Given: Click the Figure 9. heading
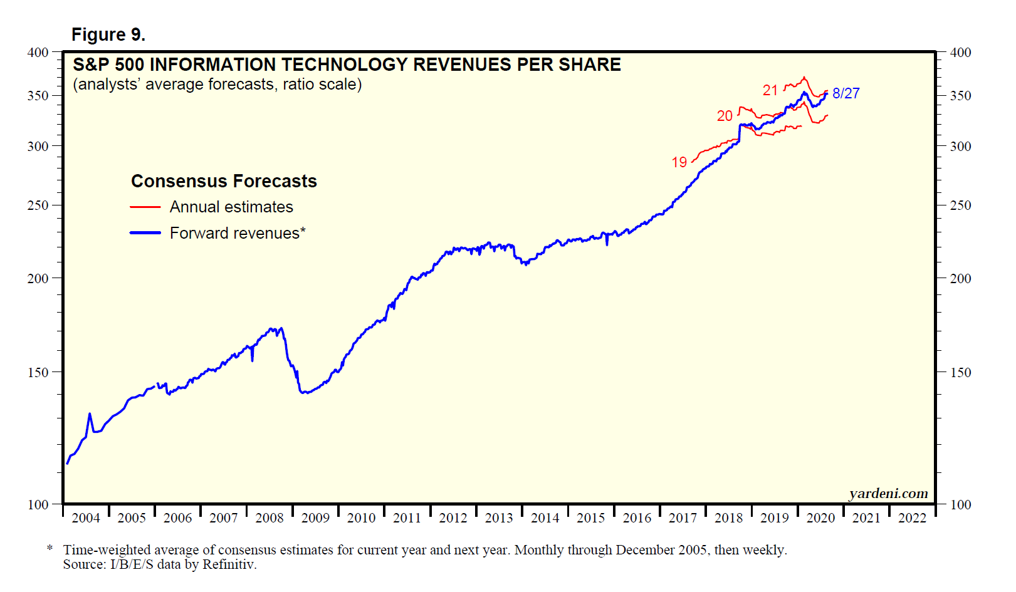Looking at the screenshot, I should coord(108,34).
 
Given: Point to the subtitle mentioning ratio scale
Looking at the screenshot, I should coord(217,85).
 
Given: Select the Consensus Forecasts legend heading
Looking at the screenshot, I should coord(224,181).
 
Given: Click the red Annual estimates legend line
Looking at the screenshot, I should coord(145,207).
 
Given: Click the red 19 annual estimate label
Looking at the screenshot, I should coord(679,162).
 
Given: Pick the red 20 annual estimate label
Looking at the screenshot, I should coord(725,116).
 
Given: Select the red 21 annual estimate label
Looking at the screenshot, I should coord(770,90).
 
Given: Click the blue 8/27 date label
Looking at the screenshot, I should coord(846,93).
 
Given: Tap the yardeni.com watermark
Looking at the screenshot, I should coord(888,494).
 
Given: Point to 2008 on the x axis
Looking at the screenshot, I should coord(270,518).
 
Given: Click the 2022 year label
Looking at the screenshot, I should coord(912,518).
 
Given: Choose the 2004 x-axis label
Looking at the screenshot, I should coord(86,518).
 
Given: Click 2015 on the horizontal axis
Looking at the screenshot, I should coord(590,518).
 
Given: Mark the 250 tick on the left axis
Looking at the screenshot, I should coord(38,205).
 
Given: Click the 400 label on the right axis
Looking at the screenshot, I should coord(960,53).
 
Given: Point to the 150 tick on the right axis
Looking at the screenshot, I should coord(960,372).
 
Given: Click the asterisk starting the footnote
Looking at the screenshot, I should coord(50,549).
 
